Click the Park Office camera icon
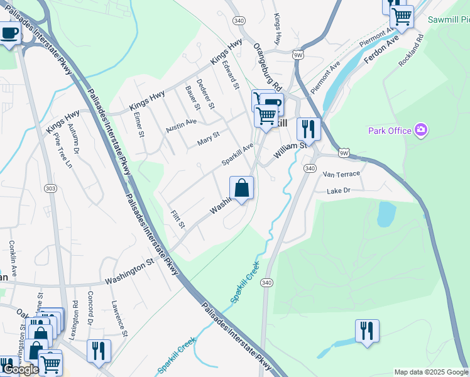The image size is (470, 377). [x=421, y=130]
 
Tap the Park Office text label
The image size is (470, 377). [x=390, y=130]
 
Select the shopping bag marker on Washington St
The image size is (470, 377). [x=242, y=188]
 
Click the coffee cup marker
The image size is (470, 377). [x=9, y=32]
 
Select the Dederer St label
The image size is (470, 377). [x=205, y=92]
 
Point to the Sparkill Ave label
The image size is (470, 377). [x=237, y=155]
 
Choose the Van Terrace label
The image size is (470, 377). [x=341, y=174]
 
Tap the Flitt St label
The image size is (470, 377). [x=178, y=219]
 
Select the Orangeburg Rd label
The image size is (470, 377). [x=268, y=66]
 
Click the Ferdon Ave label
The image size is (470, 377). [x=381, y=48]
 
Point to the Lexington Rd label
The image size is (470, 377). [x=75, y=311]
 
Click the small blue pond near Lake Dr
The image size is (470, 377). [x=386, y=214]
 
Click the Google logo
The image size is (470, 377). [x=21, y=369]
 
